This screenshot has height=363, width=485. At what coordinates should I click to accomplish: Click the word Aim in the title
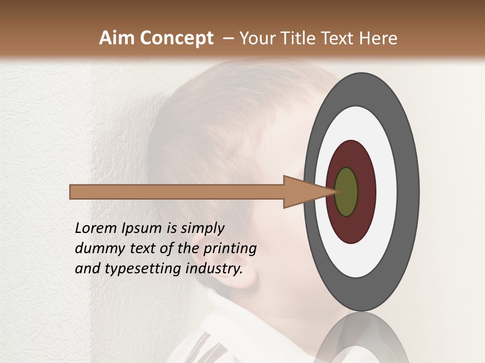117,38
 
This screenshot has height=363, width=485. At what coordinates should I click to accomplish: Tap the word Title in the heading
305,38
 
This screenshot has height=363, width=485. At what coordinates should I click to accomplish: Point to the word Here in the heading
378,38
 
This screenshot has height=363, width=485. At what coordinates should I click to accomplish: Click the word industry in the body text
214,269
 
